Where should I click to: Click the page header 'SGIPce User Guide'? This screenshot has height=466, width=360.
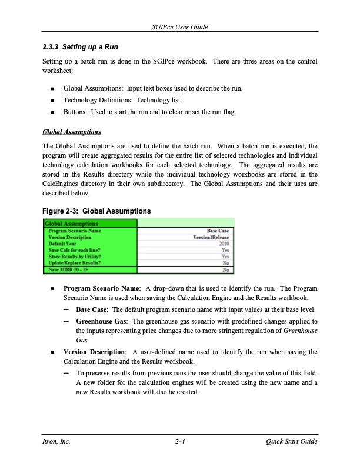coord(180,28)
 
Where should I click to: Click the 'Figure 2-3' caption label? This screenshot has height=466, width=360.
coord(64,211)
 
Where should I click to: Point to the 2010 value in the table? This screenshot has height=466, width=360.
coord(223,244)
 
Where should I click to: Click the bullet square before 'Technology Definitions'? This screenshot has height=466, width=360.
coord(53,100)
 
